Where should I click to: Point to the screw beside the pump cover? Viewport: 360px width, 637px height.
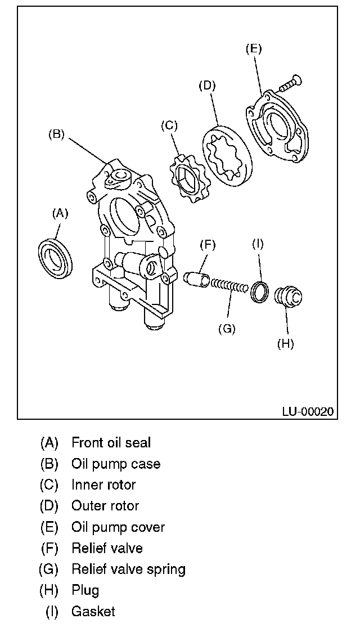(x=287, y=83)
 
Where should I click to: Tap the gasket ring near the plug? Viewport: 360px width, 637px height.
(x=259, y=291)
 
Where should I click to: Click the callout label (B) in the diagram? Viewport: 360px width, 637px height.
(x=56, y=134)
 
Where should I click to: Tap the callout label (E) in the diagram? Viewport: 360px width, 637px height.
(x=254, y=49)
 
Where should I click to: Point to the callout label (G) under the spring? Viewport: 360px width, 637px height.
(x=227, y=329)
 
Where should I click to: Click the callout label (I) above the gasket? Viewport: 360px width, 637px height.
(x=258, y=244)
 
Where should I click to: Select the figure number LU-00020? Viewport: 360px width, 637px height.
(x=308, y=411)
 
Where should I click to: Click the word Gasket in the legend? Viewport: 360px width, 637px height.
(x=93, y=612)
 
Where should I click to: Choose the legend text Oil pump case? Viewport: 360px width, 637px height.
(x=116, y=464)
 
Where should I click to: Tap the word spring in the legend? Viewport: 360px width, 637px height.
(x=167, y=569)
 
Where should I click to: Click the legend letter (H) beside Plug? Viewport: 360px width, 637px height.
(x=49, y=590)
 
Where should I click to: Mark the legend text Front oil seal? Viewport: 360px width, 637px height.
(x=111, y=443)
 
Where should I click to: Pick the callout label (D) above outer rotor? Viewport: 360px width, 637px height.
(x=207, y=86)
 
